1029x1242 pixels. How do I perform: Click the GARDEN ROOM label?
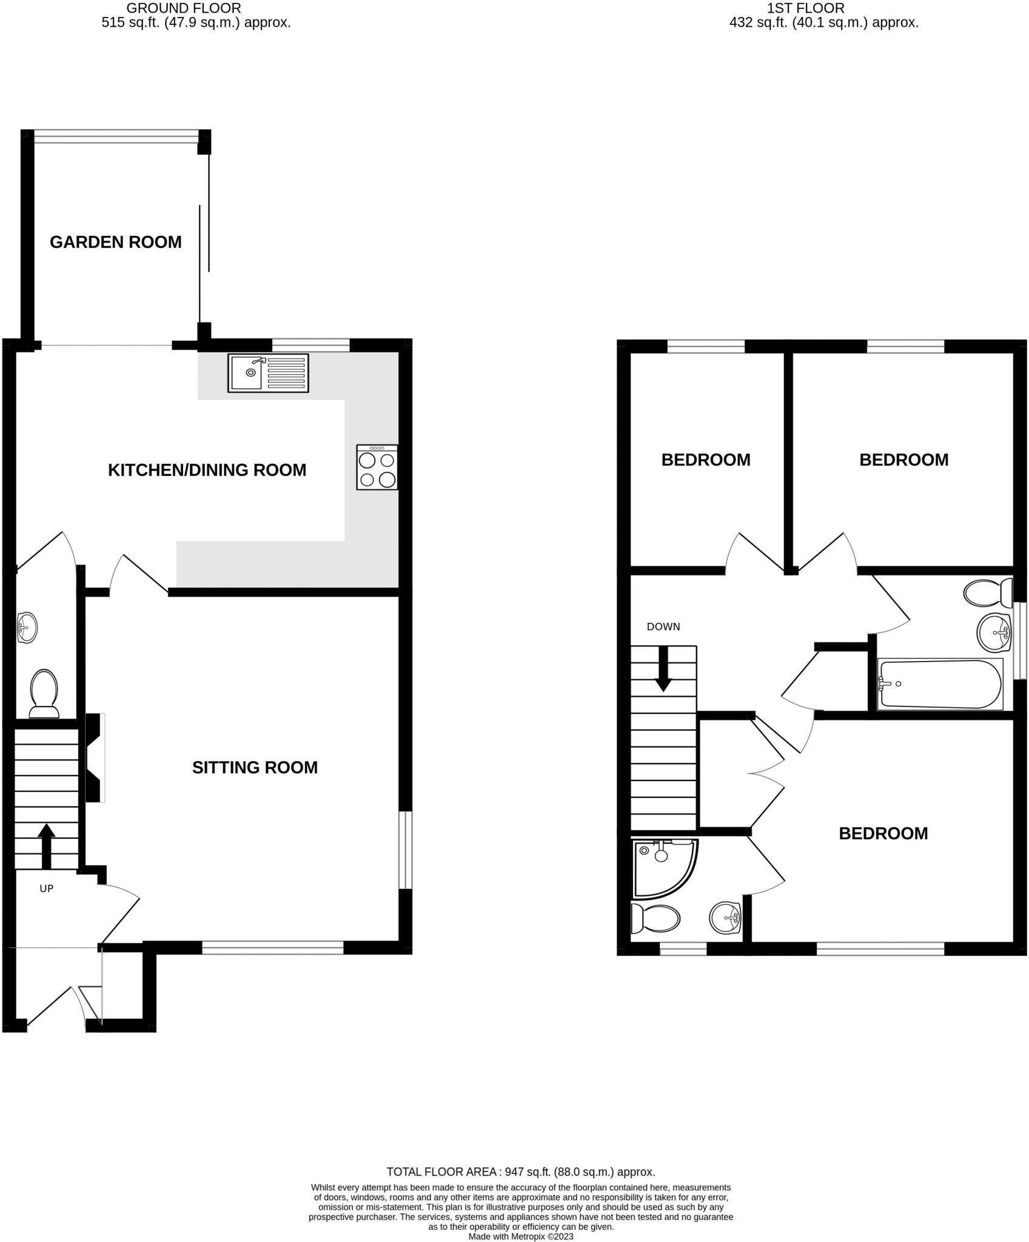[x=115, y=242]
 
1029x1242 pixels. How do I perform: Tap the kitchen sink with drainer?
[x=267, y=374]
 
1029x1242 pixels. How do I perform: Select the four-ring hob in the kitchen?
[x=377, y=467]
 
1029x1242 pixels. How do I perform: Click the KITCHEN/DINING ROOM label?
[x=207, y=470]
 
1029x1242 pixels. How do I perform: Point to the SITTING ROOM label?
[x=255, y=767]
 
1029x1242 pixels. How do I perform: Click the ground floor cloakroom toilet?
[x=44, y=693]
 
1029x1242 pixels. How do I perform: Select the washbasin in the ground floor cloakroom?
[x=27, y=628]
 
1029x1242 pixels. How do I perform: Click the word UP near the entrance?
[x=46, y=888]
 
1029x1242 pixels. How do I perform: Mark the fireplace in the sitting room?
[x=94, y=758]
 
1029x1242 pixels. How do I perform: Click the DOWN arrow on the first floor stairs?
[x=663, y=669]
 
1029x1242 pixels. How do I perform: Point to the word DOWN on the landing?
[x=663, y=626]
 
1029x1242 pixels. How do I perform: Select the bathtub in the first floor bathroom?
[x=939, y=684]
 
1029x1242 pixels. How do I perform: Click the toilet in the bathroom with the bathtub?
[x=987, y=592]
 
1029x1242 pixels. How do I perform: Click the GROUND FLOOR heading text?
[x=183, y=8]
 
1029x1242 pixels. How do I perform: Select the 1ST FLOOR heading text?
[x=805, y=8]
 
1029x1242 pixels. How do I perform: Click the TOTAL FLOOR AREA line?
[x=520, y=1172]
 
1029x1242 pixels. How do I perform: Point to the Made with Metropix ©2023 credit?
[x=520, y=1236]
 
